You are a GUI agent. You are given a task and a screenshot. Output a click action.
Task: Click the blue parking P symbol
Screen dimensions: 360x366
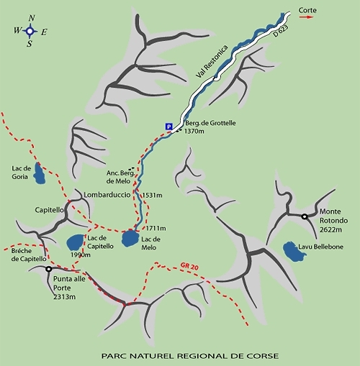[x=169, y=127]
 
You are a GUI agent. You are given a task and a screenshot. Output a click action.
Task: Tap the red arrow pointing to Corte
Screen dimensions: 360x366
[x=306, y=17]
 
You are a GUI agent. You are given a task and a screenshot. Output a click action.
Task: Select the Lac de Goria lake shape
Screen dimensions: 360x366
[x=39, y=173]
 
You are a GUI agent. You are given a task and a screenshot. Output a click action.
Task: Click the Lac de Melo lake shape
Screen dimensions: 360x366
[x=130, y=239]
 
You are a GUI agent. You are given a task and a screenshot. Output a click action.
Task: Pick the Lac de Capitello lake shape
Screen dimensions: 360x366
[x=75, y=242]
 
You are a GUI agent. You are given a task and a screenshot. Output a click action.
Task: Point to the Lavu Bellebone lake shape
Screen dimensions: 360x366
[x=294, y=252]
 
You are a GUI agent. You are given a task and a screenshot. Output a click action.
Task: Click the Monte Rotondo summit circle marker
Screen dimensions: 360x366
[x=305, y=216]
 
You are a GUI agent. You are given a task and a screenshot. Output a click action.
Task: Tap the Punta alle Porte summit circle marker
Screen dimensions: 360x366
[x=49, y=269]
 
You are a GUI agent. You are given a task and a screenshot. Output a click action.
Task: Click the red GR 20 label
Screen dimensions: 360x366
[x=189, y=267]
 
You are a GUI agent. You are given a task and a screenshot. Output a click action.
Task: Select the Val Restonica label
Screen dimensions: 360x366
[x=212, y=61]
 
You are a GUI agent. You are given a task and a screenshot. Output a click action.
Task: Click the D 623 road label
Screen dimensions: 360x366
[x=281, y=31]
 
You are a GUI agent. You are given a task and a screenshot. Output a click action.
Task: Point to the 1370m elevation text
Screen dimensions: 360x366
[x=194, y=131]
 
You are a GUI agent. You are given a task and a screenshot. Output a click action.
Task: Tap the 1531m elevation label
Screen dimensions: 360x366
[x=153, y=195]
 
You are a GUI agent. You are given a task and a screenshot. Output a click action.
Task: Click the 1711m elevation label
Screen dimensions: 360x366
[x=156, y=228]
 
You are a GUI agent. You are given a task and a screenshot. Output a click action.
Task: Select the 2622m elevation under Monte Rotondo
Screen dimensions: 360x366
[x=330, y=229]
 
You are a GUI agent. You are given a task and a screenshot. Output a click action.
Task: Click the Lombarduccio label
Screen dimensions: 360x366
[x=107, y=195]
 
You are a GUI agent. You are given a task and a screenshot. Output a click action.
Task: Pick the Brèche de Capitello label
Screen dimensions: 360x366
[x=29, y=255]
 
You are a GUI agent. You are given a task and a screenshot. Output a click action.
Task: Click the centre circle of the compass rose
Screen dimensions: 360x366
[x=30, y=31]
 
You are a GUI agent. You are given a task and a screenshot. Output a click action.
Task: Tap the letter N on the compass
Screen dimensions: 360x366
[x=32, y=18]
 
